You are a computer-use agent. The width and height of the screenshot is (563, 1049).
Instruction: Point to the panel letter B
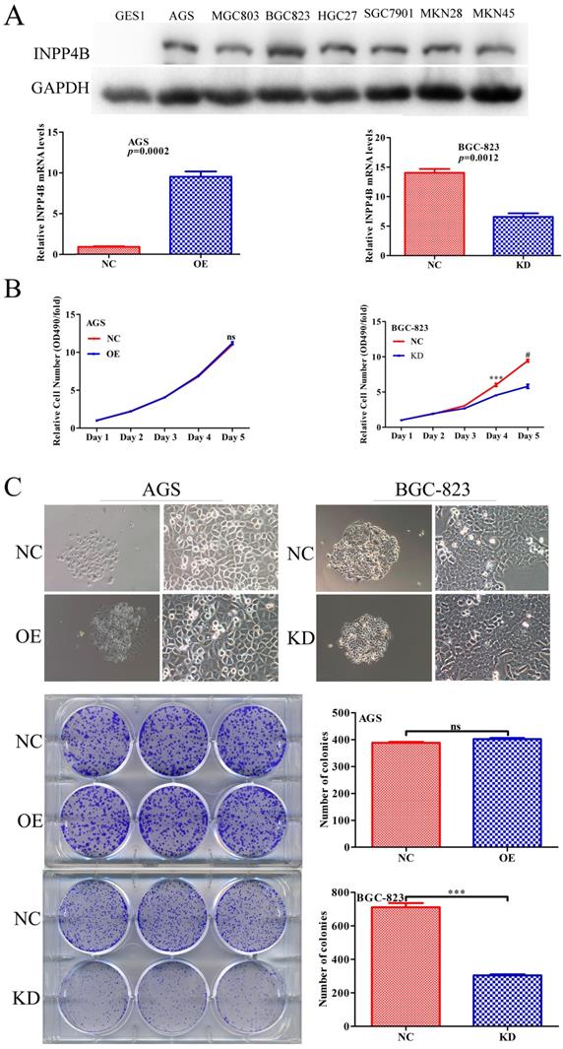[x=12, y=293]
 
